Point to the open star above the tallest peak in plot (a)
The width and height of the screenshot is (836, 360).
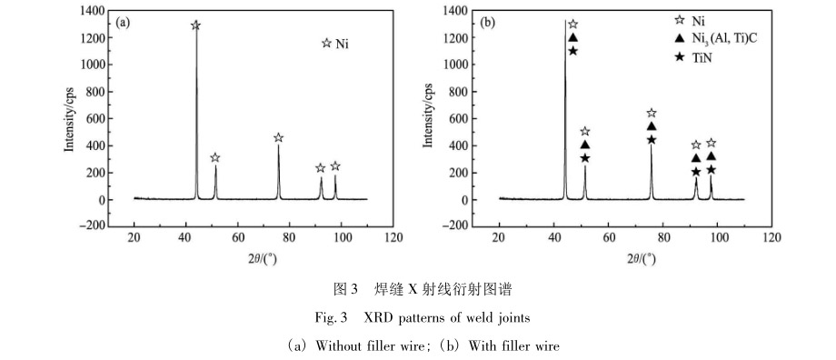(x=195, y=25)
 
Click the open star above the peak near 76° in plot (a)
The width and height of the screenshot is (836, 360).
(x=279, y=138)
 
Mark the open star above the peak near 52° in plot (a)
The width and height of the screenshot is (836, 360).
(x=215, y=158)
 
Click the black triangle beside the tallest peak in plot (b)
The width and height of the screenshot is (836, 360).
(x=572, y=37)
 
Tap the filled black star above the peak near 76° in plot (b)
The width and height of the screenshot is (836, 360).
(x=652, y=140)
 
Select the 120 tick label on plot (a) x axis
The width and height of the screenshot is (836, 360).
(x=393, y=238)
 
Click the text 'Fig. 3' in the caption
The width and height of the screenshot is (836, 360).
(x=337, y=319)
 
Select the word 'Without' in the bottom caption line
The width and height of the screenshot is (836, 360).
(x=339, y=346)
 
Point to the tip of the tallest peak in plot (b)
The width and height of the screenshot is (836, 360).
(x=565, y=21)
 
